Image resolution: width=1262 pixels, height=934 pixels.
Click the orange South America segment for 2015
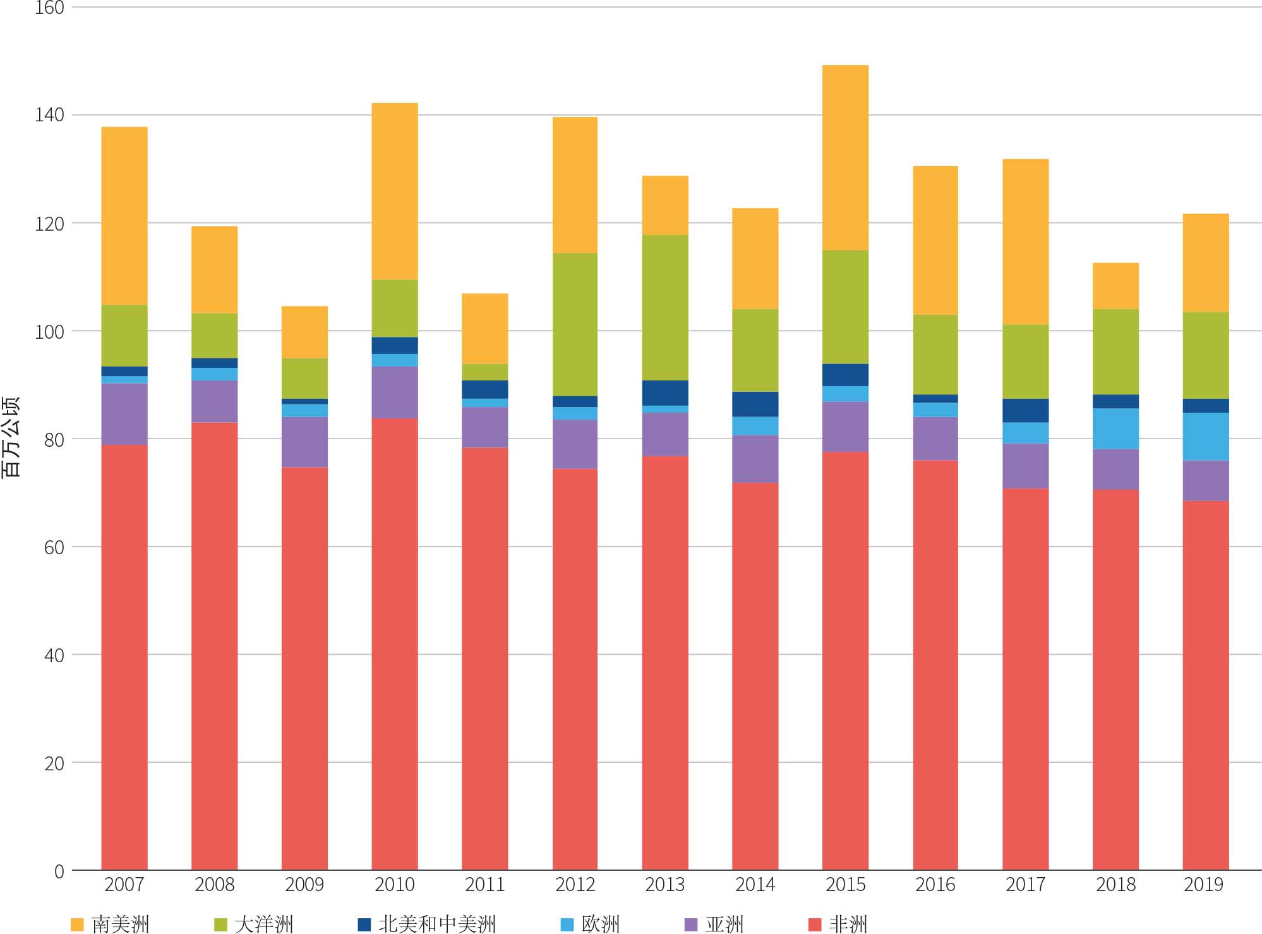pos(845,157)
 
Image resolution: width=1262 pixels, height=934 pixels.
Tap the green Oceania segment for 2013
pos(665,307)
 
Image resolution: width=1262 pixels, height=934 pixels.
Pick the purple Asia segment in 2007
pos(124,414)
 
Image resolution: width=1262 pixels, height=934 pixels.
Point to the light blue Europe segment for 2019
pos(1205,436)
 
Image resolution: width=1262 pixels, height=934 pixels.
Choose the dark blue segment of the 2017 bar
pos(1025,410)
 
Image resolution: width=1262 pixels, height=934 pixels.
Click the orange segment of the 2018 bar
pos(1115,286)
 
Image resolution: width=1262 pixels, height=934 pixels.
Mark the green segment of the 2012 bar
pos(575,324)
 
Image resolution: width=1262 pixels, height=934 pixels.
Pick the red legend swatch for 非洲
pos(815,925)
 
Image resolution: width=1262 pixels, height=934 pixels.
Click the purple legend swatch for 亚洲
pos(691,925)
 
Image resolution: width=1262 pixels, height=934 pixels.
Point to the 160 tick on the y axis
pos(51,8)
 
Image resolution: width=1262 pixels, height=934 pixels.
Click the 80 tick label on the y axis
pos(54,439)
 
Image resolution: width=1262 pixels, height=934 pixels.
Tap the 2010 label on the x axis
pos(394,884)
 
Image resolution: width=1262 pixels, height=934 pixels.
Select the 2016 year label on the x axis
pos(935,884)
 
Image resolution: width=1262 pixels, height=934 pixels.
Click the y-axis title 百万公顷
pos(11,436)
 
